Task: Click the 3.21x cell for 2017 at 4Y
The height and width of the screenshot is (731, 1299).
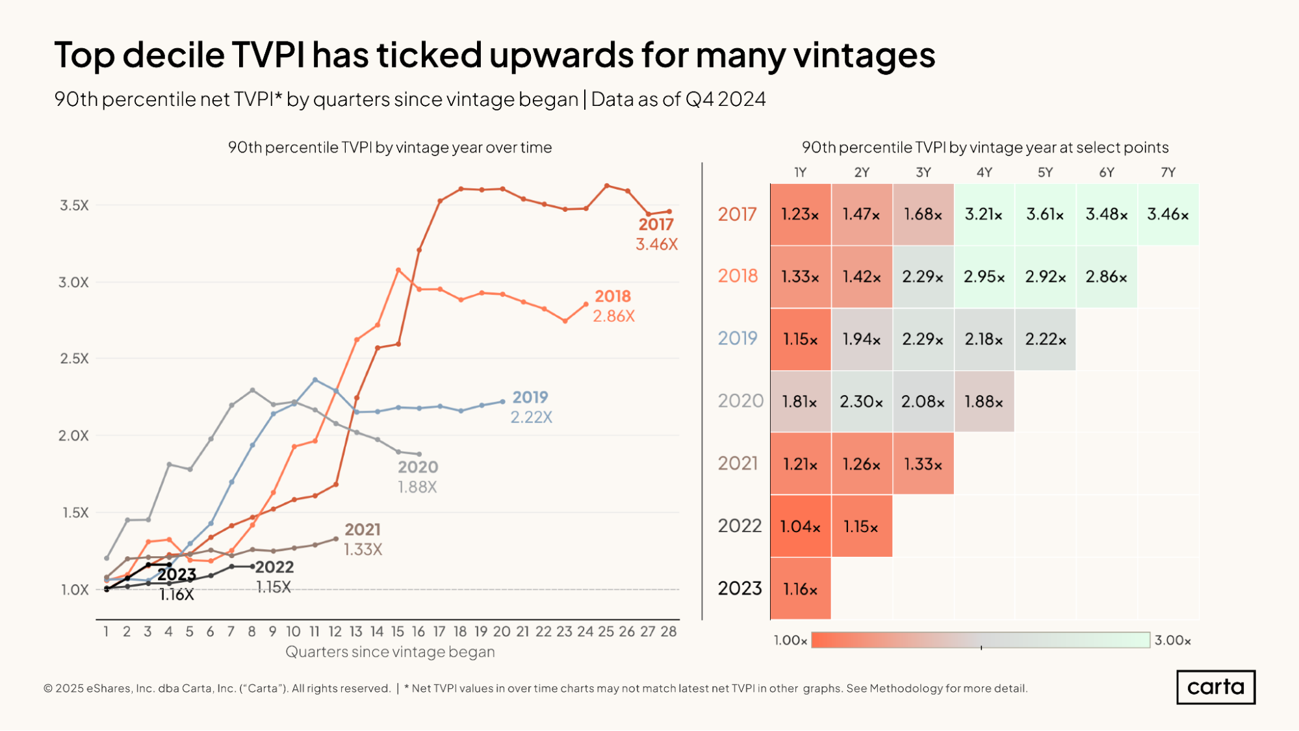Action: tap(984, 214)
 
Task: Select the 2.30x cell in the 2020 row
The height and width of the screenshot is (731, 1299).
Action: tap(861, 402)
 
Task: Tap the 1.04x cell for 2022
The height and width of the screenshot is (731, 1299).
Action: tap(800, 526)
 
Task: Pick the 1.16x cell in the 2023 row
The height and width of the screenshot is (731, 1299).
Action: tap(800, 589)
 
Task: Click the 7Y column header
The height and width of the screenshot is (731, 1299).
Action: tap(1168, 172)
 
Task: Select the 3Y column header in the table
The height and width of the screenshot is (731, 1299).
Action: tap(923, 172)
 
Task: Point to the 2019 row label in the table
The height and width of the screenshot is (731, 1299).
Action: tap(738, 339)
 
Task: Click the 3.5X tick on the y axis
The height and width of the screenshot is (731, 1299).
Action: tap(74, 205)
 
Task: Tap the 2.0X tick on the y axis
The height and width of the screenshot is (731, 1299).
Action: tap(73, 435)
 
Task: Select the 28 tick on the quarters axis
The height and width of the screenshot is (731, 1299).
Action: tap(669, 632)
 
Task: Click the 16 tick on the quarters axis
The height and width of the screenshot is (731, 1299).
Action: tap(418, 632)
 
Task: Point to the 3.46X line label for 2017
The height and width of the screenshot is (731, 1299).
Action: tap(656, 244)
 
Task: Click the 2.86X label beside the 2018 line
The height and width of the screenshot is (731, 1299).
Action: tap(613, 316)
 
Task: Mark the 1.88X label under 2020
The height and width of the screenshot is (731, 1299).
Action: tap(417, 487)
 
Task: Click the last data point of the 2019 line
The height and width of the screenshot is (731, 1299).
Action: tap(502, 402)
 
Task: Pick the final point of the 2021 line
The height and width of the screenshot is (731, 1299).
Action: tap(336, 539)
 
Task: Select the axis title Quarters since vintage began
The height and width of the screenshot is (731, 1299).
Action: tap(390, 652)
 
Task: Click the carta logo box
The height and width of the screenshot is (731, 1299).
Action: tap(1215, 687)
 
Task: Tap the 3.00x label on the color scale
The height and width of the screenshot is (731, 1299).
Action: tap(1172, 641)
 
